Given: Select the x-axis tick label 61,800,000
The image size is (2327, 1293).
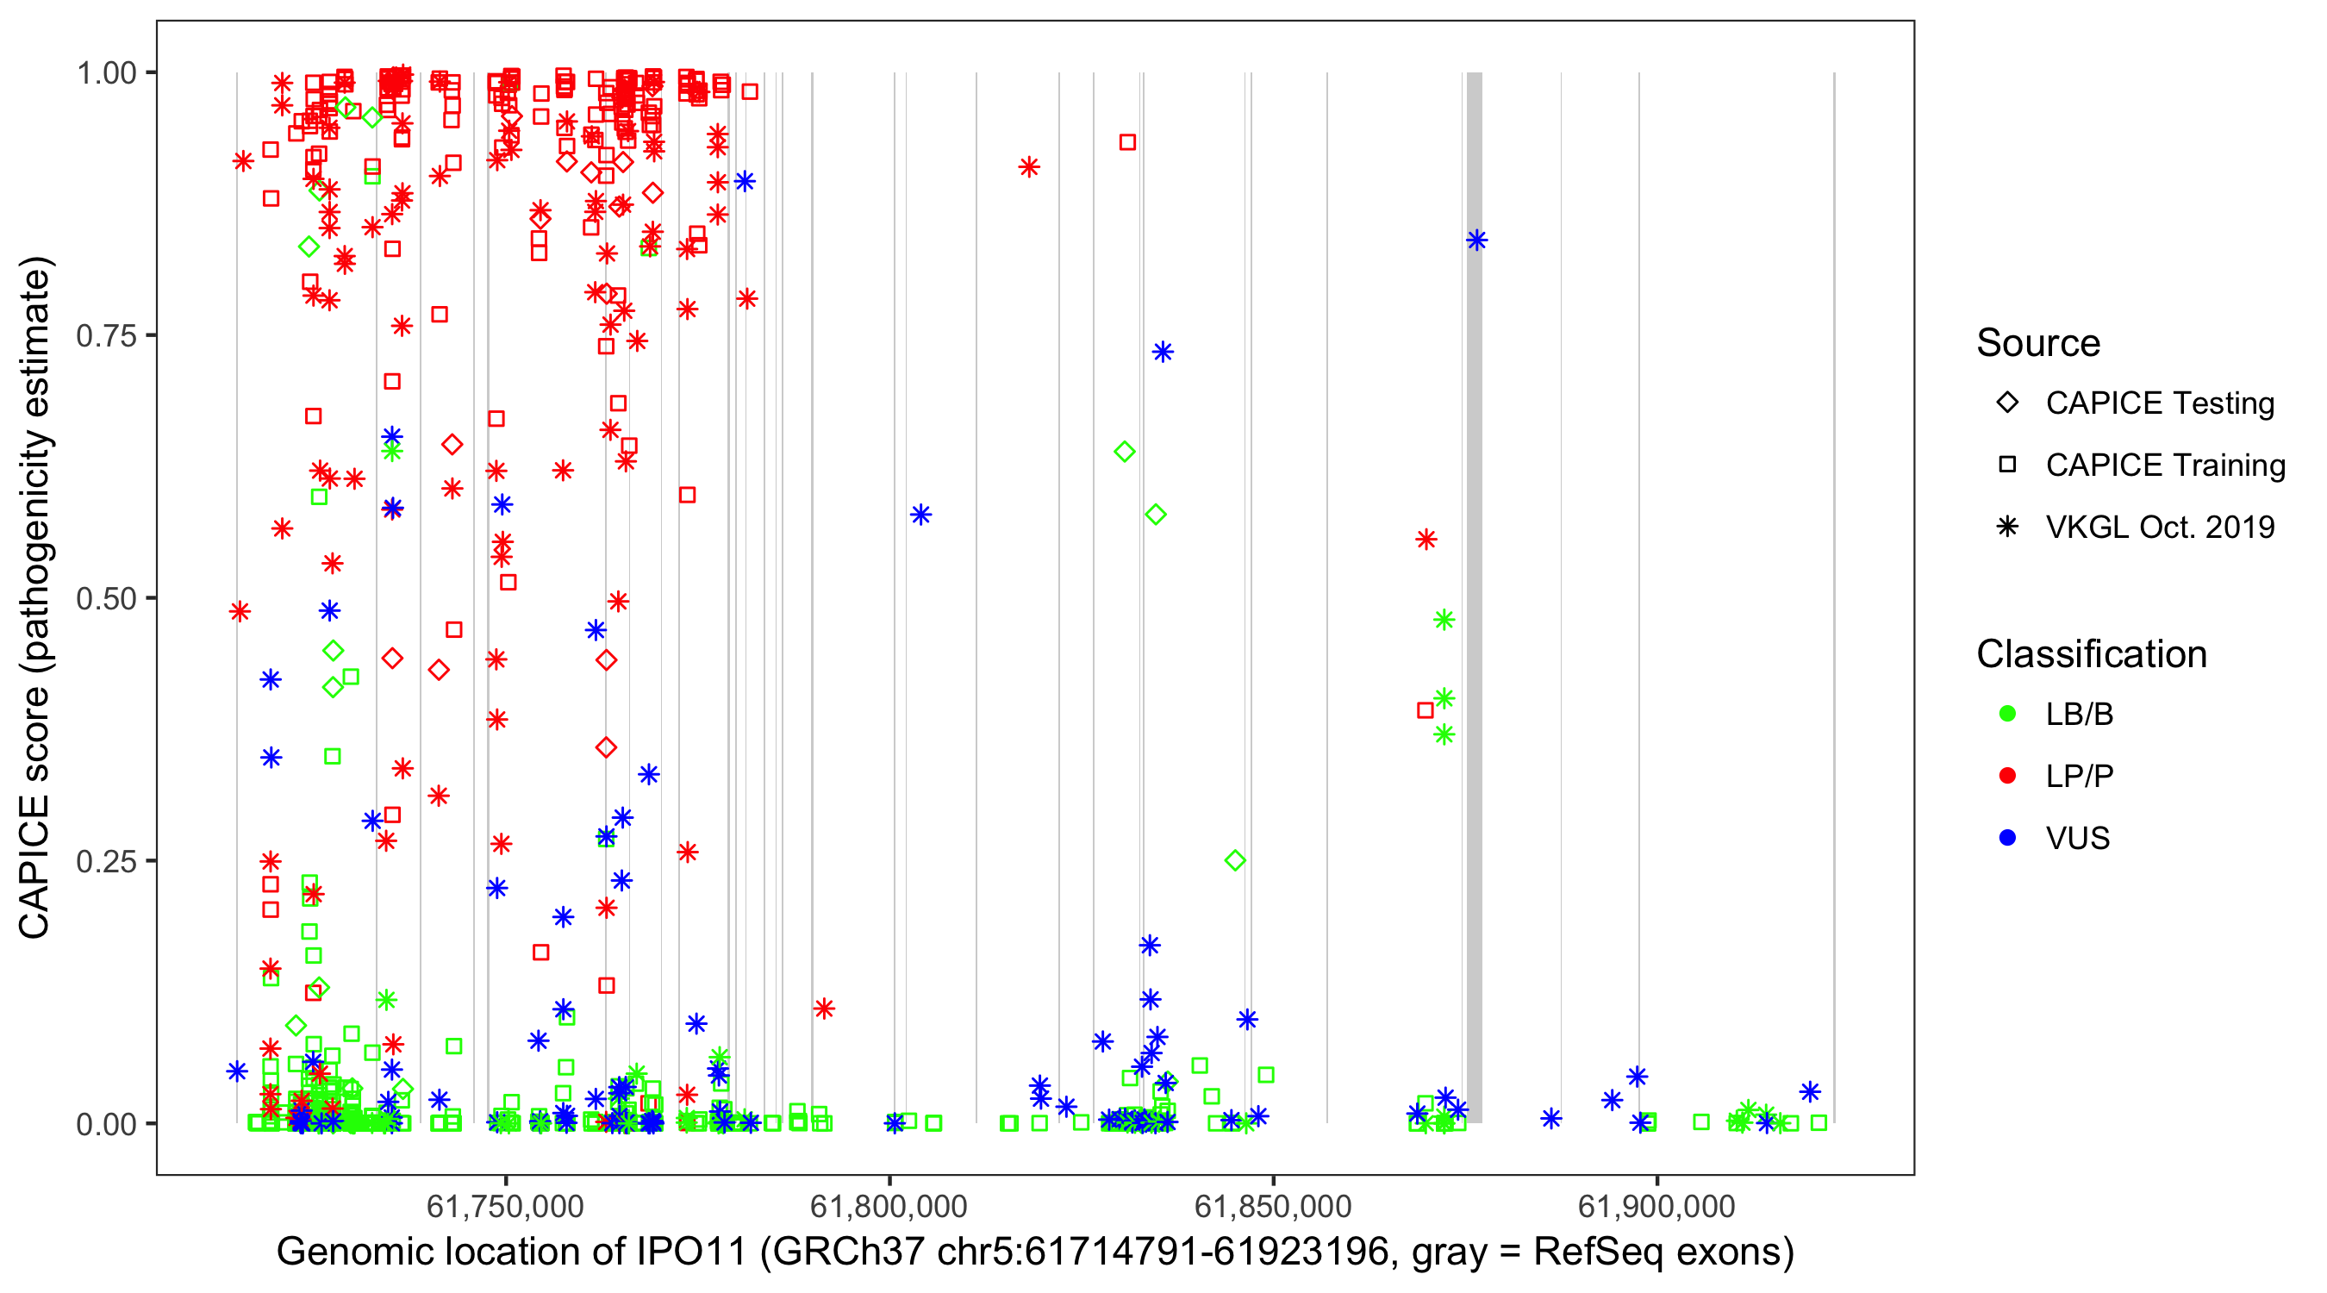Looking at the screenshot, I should coord(889,1206).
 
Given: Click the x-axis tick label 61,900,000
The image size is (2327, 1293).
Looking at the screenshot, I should coord(1656,1206).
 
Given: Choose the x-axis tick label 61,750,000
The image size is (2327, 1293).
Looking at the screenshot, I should coord(505,1206).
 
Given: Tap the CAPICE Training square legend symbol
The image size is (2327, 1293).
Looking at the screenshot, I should coord(2007,465).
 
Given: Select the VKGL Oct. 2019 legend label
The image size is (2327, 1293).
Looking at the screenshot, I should coord(2160,527).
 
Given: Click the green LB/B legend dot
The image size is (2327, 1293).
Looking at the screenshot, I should coord(2007,715).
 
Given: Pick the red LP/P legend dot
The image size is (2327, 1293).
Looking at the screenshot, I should coord(2007,776).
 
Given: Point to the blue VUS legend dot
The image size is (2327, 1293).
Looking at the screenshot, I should coord(2007,839).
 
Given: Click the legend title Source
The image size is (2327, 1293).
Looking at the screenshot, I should coord(2038,343).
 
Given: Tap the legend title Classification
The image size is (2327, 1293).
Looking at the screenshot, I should coord(2091,654).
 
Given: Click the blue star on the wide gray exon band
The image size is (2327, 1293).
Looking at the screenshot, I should coord(1477,240).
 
